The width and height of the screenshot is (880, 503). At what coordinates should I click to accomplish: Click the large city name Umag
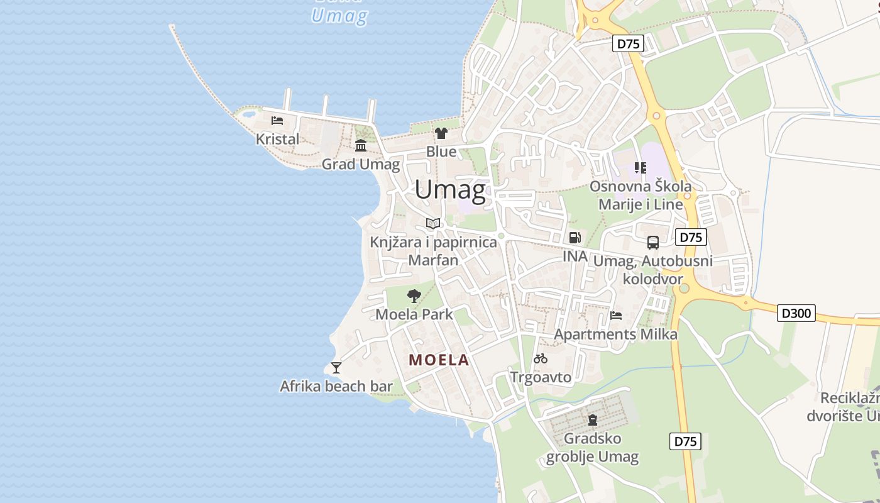tap(450, 189)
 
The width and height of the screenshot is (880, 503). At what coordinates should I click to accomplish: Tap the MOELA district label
tap(439, 360)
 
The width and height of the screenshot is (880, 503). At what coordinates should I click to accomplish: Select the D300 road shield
tap(796, 312)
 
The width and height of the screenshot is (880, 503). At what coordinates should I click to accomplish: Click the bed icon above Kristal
tap(277, 120)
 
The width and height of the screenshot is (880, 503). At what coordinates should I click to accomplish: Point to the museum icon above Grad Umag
tap(361, 146)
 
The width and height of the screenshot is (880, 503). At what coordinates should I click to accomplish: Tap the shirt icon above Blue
tap(441, 133)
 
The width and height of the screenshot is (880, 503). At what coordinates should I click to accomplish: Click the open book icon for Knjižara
tap(433, 223)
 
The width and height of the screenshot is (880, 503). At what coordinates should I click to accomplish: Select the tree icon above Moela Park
tap(414, 296)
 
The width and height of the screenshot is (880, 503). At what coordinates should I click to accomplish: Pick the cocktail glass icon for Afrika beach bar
tap(336, 367)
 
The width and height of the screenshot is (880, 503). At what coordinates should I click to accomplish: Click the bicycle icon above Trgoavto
tap(541, 358)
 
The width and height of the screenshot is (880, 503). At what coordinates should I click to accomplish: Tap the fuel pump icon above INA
tap(575, 238)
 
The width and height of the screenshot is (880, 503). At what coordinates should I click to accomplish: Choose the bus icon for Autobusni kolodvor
tap(653, 242)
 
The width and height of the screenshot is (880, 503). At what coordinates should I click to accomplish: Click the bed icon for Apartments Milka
tap(616, 315)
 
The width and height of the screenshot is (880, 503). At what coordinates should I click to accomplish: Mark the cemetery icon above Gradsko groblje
tap(592, 419)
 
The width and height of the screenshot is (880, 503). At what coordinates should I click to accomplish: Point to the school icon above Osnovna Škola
tap(640, 167)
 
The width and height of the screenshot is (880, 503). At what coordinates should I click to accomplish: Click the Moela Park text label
tap(414, 314)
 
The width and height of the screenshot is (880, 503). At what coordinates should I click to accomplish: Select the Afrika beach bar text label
tap(336, 386)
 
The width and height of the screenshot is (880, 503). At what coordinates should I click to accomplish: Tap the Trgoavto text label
tap(541, 377)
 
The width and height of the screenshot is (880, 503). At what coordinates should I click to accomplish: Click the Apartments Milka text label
tap(615, 334)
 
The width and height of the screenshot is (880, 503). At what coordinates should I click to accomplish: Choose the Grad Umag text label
tap(361, 164)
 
